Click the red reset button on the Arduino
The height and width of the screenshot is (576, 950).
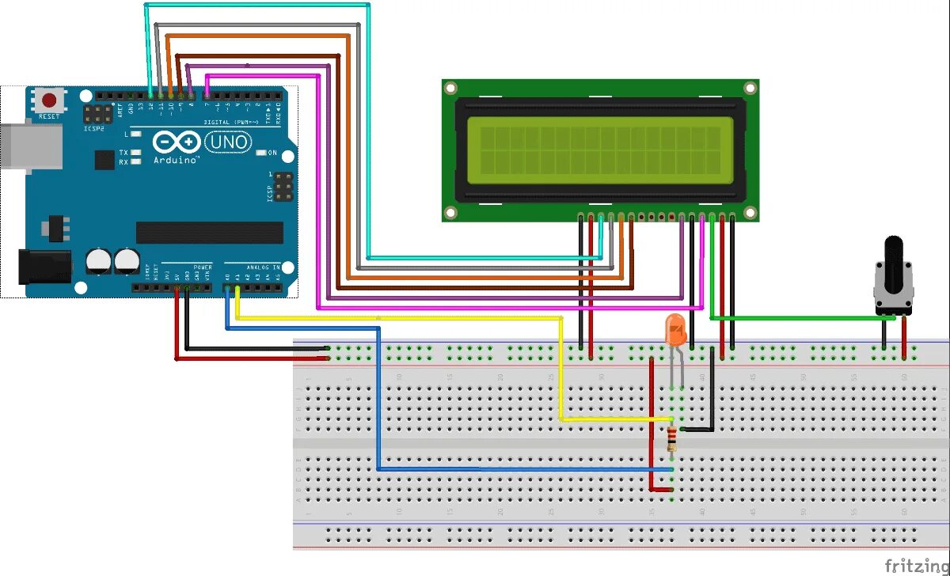point(50,100)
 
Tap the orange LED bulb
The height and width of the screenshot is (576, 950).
point(675,330)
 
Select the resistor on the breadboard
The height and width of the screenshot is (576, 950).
point(672,438)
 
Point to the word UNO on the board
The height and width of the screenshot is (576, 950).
point(228,142)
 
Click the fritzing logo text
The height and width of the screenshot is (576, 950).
point(916,565)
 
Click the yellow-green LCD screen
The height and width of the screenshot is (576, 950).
point(599,146)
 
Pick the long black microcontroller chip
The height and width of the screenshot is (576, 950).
point(209,233)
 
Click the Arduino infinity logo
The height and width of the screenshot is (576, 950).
point(176,142)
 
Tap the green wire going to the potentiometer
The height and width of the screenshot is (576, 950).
point(800,318)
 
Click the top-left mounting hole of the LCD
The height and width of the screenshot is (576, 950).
point(450,88)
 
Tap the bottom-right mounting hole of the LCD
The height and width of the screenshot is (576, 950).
point(750,212)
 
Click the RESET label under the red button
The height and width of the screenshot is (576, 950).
point(49,116)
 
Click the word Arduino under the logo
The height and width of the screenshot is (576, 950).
point(175,159)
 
